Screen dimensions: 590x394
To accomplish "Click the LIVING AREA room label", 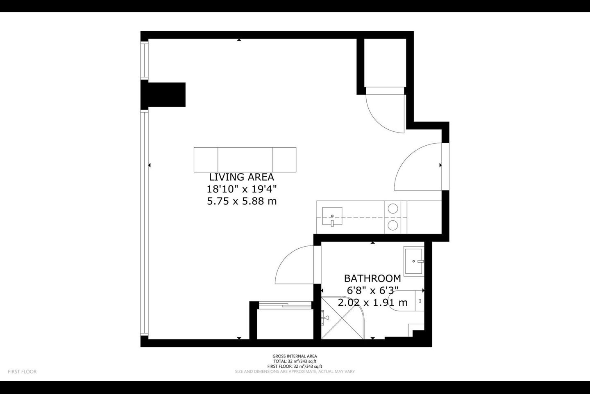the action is pos(242,177).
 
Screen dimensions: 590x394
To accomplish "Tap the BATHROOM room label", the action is pos(372,278).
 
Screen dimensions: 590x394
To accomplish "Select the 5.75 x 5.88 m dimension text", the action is pos(242,202).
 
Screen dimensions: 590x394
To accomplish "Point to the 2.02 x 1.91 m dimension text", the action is pos(372,302).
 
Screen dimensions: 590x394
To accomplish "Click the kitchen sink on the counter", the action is pos(332,216).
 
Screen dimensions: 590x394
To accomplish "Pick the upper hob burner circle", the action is pos(393,209).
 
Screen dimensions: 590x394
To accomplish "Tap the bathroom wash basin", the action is pos(414,261).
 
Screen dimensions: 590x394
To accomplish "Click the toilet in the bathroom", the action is pos(407,300).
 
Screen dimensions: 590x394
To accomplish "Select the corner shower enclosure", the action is pos(343,318).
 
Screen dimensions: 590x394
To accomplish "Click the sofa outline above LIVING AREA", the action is pos(245,160).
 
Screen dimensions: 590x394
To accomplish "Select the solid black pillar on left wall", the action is pos(163,95).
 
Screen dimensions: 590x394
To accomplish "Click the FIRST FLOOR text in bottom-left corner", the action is pos(22,371).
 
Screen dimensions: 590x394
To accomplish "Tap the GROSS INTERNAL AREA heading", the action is pos(295,356).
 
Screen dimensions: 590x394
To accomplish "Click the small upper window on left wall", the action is pos(144,60).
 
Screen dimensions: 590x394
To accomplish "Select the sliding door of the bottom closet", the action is pos(285,305).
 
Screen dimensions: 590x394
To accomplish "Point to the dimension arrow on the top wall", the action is pos(239,40).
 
